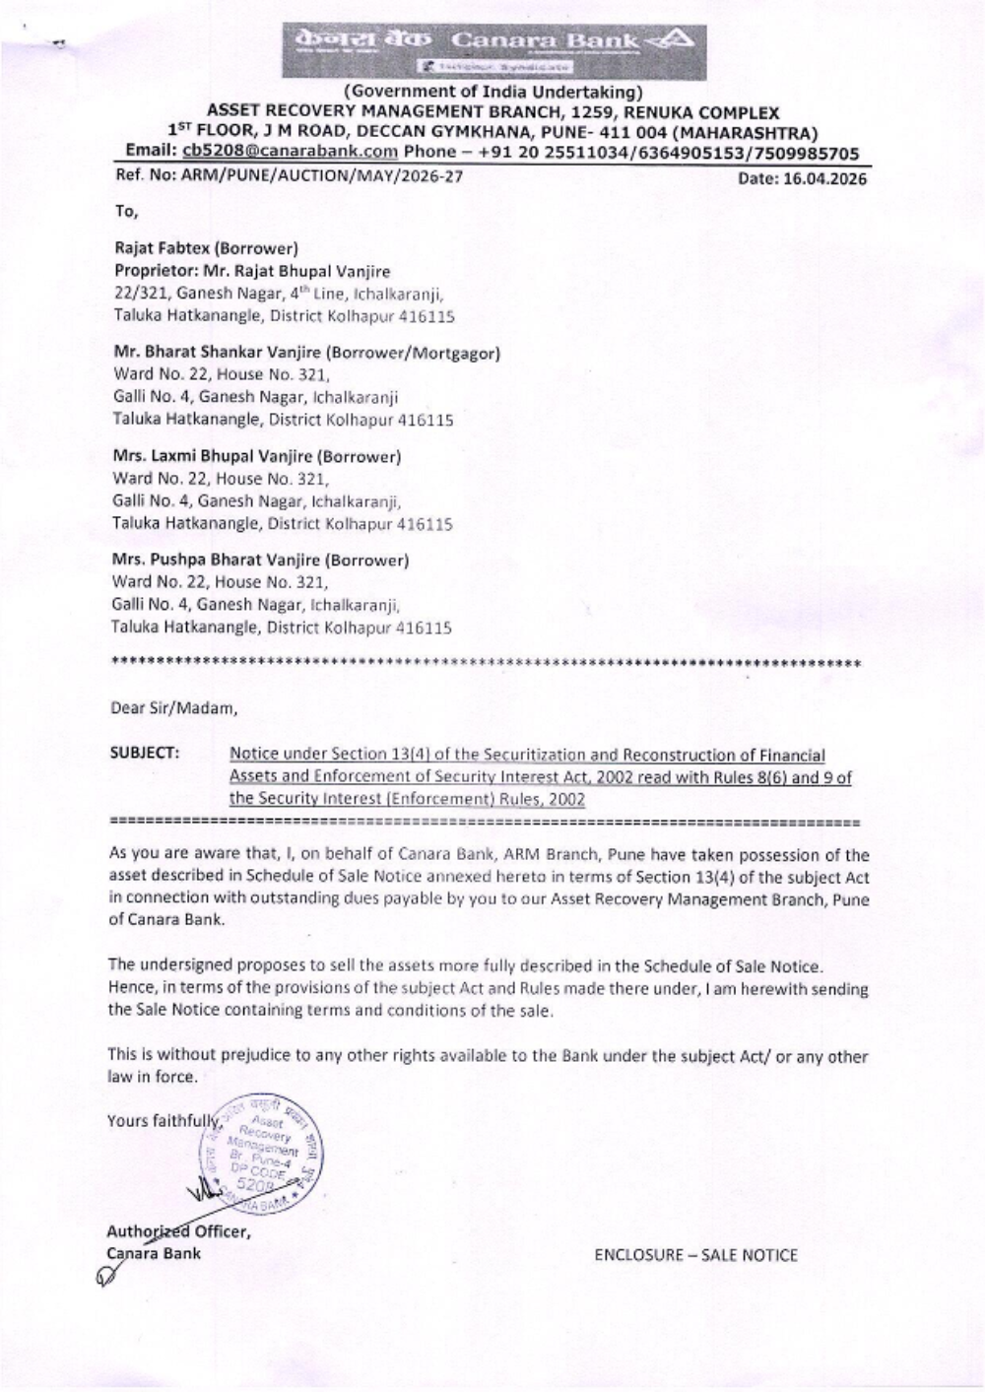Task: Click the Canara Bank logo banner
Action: click(493, 51)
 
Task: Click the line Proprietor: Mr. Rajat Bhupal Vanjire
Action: click(252, 271)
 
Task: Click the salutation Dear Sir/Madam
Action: click(173, 708)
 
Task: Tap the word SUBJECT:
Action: click(144, 754)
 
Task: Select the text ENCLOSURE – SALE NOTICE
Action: click(695, 1255)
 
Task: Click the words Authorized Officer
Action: click(177, 1231)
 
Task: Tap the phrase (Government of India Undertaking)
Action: click(492, 93)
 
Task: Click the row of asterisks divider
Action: click(488, 663)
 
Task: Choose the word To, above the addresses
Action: click(126, 211)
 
